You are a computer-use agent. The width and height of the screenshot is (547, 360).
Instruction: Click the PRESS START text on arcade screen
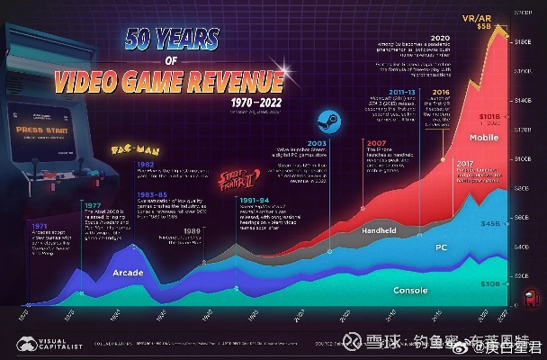(x=37, y=130)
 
